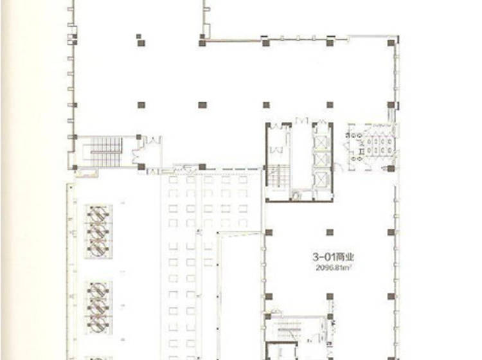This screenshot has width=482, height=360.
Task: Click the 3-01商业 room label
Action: tap(333, 256)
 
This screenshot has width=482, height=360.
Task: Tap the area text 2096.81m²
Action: tap(333, 267)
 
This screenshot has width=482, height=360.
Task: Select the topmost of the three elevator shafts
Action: tap(322, 142)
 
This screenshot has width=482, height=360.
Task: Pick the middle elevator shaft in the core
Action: tap(322, 159)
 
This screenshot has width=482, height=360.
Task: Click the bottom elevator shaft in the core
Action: tap(322, 179)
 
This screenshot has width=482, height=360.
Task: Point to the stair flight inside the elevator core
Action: tap(278, 176)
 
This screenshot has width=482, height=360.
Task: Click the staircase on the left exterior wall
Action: tap(106, 152)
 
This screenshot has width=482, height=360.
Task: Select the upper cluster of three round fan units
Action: tap(98, 231)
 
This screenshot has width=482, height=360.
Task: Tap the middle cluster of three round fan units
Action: tap(98, 307)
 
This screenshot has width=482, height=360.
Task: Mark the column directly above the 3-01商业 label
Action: tap(330, 232)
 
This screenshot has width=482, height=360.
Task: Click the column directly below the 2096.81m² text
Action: tap(330, 296)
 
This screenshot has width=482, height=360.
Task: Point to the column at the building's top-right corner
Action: tap(391, 43)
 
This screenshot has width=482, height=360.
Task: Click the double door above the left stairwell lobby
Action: tap(153, 141)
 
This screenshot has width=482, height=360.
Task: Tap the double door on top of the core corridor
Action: tap(301, 121)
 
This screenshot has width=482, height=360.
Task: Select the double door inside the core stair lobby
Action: tap(276, 150)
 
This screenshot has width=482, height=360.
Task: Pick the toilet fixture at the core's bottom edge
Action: tap(296, 195)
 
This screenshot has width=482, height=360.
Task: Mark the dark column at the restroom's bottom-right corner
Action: tap(391, 168)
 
